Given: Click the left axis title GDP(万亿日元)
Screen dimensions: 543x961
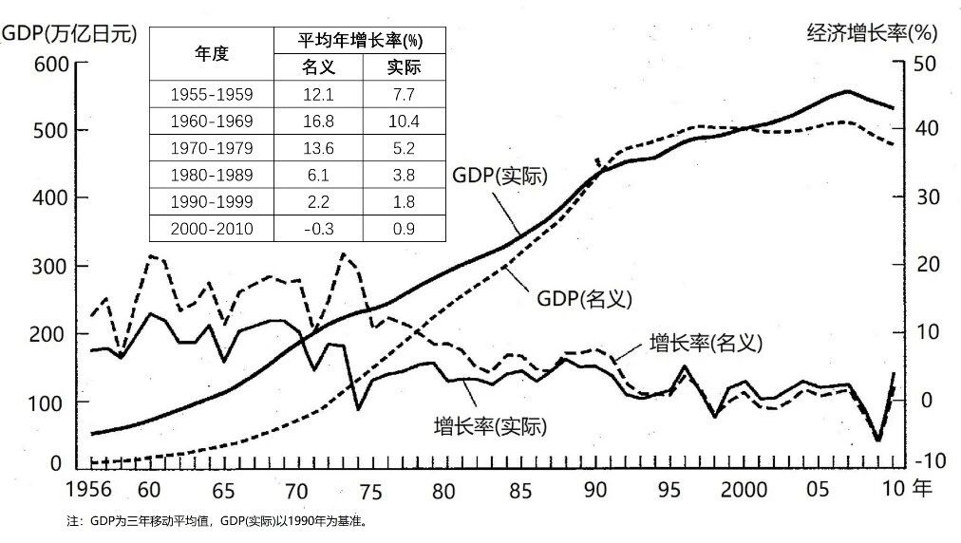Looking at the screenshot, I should (x=70, y=34).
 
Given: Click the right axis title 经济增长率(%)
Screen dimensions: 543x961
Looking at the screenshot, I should (x=871, y=34).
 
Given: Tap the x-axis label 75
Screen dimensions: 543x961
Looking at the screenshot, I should (x=371, y=492).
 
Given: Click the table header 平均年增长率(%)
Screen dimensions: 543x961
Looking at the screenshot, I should (x=360, y=41).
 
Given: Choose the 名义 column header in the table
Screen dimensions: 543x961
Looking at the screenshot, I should (x=318, y=67).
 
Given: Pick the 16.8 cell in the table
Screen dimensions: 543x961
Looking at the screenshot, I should (x=318, y=121).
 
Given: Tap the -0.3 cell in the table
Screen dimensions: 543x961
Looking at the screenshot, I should (x=318, y=229).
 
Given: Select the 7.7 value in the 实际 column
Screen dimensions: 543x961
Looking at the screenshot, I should (x=404, y=94).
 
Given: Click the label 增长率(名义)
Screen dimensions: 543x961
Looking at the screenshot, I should (x=707, y=342).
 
